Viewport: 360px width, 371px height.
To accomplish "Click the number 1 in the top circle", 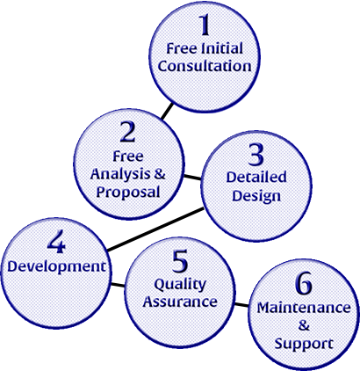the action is click(x=205, y=25).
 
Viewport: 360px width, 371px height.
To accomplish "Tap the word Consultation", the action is click(x=205, y=66).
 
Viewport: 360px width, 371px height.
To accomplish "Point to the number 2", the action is click(x=128, y=132).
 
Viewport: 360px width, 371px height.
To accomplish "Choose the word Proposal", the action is click(x=128, y=193).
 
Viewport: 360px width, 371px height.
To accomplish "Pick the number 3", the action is click(x=256, y=155).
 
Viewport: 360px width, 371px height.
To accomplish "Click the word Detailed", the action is click(x=256, y=178).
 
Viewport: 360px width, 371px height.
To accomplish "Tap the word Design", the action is click(x=256, y=196).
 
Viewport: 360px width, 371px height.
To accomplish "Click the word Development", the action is click(x=56, y=266).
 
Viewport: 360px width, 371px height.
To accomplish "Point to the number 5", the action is click(x=180, y=261).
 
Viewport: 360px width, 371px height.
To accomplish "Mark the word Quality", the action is click(x=180, y=285).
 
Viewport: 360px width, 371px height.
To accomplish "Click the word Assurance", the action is click(x=180, y=302).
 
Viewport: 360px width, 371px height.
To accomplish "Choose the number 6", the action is click(x=304, y=284).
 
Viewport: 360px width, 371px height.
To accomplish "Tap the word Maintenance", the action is click(x=304, y=308).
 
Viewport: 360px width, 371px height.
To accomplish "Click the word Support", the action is click(x=304, y=344).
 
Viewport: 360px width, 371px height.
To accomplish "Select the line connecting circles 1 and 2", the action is click(x=167, y=112).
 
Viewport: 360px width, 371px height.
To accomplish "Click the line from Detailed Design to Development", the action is click(x=155, y=229).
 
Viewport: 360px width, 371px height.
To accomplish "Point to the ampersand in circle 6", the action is click(x=304, y=325).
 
